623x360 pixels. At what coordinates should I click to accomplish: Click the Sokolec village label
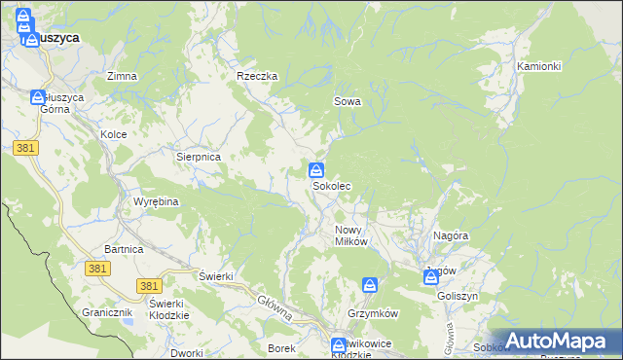[x=331, y=185]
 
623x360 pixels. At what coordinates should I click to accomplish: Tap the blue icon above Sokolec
[x=316, y=170]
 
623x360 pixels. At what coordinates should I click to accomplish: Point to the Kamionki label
[x=539, y=66]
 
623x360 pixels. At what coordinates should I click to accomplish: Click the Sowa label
[x=348, y=101]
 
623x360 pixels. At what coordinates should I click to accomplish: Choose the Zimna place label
[x=122, y=76]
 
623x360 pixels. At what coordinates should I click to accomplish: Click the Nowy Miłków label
[x=350, y=235]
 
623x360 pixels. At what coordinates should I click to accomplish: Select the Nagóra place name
[x=452, y=235]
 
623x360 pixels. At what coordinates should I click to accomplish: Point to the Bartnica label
[x=124, y=250]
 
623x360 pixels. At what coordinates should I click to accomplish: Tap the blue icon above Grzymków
[x=370, y=285]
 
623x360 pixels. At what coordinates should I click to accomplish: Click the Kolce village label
[x=114, y=134]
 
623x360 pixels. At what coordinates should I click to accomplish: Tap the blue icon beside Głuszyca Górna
[x=38, y=97]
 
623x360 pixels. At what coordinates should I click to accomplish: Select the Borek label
[x=281, y=347]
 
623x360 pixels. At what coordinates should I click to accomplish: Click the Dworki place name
[x=186, y=353]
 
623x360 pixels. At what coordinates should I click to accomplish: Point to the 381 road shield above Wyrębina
[x=26, y=148]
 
